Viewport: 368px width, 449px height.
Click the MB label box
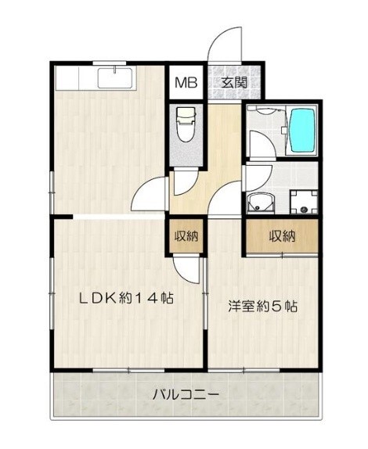tap(186, 81)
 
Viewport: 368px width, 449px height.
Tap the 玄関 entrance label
tap(233, 81)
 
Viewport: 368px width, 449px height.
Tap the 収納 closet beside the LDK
tap(186, 237)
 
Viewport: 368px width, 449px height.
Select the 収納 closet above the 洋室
tap(282, 236)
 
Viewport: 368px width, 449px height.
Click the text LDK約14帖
tap(124, 298)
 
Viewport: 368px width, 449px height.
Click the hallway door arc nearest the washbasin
tap(229, 197)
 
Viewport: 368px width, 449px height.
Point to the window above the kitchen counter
tap(114, 63)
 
